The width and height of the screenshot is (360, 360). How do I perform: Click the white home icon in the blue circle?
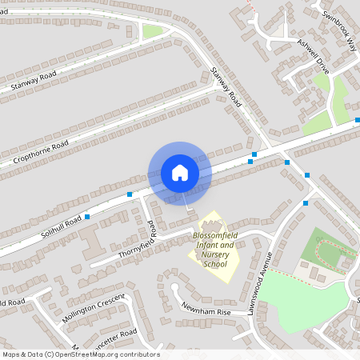coord(180,173)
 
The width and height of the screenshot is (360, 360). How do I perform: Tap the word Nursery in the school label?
coord(216,254)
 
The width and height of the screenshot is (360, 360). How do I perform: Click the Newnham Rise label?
coord(206,309)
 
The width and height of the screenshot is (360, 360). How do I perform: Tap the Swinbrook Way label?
coord(340,32)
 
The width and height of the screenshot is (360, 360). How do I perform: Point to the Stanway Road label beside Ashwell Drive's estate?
coord(226,87)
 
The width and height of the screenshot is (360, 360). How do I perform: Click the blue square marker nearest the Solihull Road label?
coord(87,216)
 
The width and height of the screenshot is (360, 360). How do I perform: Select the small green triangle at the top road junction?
coord(152,32)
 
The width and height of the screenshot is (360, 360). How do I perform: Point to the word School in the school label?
coord(215,264)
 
